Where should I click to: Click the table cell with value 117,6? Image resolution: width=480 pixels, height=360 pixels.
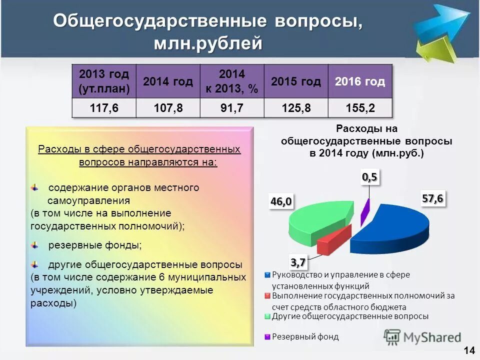tap(104, 108)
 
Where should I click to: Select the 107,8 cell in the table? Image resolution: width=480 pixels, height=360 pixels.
tap(168, 108)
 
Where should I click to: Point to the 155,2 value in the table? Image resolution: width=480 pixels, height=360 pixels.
tap(360, 108)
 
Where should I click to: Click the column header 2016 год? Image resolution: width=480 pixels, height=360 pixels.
tap(360, 81)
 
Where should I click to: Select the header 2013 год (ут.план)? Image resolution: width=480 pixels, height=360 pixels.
tap(104, 81)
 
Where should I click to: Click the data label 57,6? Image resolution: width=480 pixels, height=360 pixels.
tap(432, 198)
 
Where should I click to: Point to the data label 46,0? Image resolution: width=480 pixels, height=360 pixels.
tap(281, 201)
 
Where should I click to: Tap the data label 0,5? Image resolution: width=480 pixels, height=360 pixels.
tap(370, 176)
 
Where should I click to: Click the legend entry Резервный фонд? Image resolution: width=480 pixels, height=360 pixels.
tap(305, 336)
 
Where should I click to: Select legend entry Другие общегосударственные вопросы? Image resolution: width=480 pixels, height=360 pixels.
tap(350, 316)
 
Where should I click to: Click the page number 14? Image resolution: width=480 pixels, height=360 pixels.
tap(469, 350)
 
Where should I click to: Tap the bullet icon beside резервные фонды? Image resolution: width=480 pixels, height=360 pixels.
tap(34, 244)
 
